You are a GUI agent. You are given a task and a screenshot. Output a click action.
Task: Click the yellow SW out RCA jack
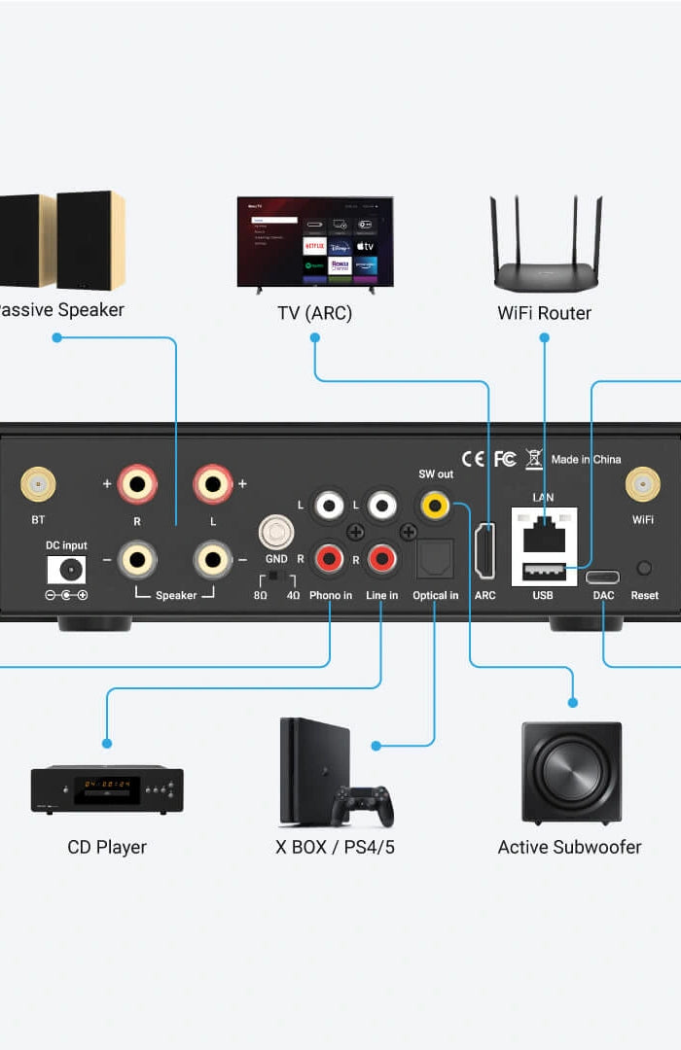434,505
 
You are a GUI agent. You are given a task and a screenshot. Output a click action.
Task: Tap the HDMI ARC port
484,550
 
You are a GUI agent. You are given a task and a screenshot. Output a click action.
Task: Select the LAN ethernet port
543,534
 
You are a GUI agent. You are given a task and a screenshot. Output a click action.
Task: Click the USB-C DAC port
603,577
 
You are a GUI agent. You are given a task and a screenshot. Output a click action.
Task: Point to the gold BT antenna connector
38,484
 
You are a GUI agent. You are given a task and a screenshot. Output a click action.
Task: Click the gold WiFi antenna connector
642,484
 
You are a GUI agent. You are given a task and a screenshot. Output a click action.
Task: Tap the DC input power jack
66,570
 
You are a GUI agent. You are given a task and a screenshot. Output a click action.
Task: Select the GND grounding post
276,533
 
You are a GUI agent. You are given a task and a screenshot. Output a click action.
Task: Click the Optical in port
435,559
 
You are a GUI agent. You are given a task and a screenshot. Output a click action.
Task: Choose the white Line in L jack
382,505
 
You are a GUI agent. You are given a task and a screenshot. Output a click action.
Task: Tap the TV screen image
315,240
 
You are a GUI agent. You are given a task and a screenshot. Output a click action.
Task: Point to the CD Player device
107,788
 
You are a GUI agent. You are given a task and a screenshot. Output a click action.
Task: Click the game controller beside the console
363,805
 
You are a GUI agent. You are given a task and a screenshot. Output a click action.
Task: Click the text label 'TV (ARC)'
314,313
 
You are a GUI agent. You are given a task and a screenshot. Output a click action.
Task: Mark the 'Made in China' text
586,460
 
